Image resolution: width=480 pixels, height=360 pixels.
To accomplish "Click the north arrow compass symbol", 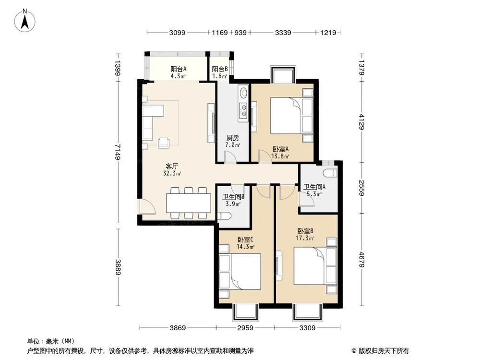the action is (25, 20).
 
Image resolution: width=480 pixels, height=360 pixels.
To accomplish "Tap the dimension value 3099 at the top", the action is (177, 33).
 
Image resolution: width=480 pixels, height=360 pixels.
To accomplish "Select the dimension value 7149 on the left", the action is (118, 152).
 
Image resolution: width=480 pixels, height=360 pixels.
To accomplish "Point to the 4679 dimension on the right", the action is (362, 259).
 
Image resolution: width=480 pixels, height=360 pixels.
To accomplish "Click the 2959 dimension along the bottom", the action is (245, 328).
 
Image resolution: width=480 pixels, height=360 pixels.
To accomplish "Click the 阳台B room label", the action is (220, 69).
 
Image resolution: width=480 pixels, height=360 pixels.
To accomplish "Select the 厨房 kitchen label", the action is (233, 138).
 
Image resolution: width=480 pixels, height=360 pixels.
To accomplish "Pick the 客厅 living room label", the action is (172, 166).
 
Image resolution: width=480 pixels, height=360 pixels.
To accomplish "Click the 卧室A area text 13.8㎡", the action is (280, 156).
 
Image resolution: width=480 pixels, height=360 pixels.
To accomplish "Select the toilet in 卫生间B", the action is (224, 216).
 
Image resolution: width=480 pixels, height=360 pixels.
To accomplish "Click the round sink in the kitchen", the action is (244, 92).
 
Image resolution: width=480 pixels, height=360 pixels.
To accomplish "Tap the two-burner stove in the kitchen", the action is (244, 111).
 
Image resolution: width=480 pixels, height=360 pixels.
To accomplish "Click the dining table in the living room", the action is (189, 203).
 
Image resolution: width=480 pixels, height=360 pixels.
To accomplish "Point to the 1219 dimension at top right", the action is (328, 33).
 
